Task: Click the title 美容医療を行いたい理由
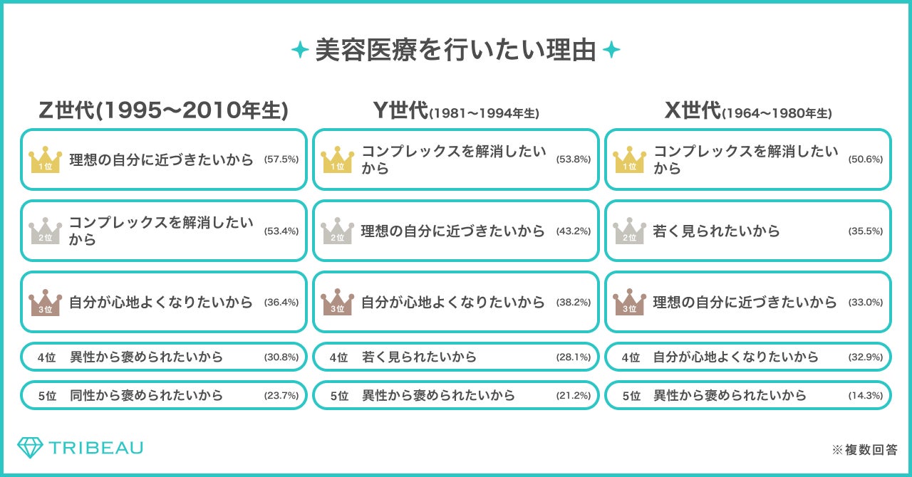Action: [x=455, y=51]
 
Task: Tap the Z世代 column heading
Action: [x=163, y=110]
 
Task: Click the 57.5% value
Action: [x=281, y=159]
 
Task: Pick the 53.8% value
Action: [x=574, y=159]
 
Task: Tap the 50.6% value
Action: [x=866, y=159]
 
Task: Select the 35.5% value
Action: [x=866, y=231]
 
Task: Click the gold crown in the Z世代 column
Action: [x=45, y=159]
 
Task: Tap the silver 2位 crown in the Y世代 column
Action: [x=337, y=231]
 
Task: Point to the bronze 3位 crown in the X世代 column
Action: [x=629, y=302]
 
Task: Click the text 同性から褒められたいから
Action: [x=146, y=395]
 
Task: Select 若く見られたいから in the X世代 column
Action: [x=716, y=231]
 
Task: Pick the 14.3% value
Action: [x=866, y=395]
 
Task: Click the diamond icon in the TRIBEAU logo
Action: [x=30, y=448]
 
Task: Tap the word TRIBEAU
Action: [x=96, y=448]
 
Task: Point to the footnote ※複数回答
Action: [x=864, y=450]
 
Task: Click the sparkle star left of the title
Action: [x=300, y=51]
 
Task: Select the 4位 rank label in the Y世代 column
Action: [x=338, y=357]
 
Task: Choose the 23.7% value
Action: [x=281, y=395]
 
